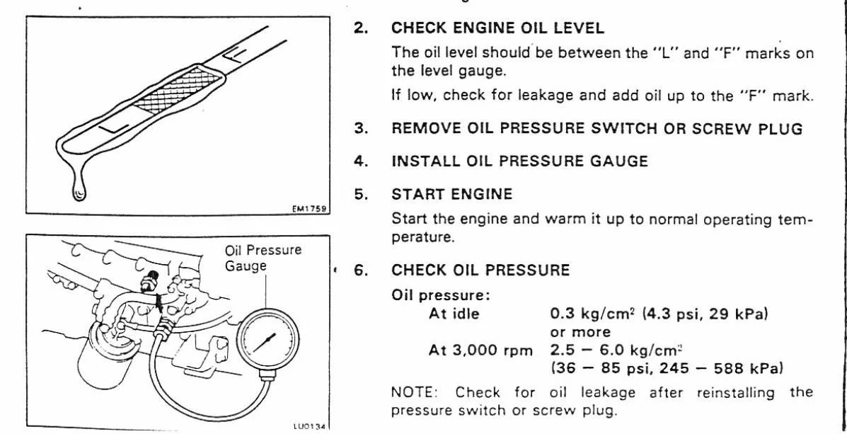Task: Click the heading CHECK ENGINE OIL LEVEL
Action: pos(497,29)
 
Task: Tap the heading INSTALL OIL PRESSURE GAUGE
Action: pos(519,161)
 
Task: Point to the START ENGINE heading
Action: pos(451,194)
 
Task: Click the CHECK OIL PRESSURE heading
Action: pos(480,270)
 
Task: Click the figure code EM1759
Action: pos(307,209)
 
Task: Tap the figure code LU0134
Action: pos(306,426)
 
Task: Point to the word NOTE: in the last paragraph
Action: pos(415,393)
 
